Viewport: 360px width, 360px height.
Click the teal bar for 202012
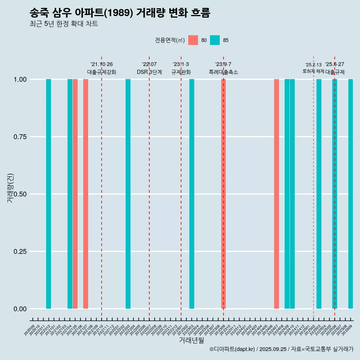tap(48, 194)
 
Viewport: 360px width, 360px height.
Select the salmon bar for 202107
tap(85, 194)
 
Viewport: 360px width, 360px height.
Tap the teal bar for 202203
tap(128, 194)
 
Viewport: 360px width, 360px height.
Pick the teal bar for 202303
tap(192, 194)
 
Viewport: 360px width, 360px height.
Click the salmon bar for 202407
tap(276, 194)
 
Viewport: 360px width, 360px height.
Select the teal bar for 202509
tap(351, 194)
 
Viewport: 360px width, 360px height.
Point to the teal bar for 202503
tap(319, 194)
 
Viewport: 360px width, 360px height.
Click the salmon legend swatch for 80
tap(193, 40)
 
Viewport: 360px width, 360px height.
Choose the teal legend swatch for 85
tap(215, 40)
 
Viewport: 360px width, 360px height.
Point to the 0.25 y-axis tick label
tap(19, 252)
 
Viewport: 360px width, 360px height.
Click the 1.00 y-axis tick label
tap(19, 79)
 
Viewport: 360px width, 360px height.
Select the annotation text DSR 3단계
tap(149, 72)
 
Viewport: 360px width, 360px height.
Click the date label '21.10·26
tap(102, 64)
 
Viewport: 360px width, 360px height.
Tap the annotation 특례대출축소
tap(223, 72)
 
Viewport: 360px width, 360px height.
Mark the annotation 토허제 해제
tap(313, 71)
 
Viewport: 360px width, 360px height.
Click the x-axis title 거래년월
tap(191, 340)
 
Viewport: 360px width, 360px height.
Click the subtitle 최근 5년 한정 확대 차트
tap(64, 24)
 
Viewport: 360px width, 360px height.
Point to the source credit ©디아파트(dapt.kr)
tap(232, 349)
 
